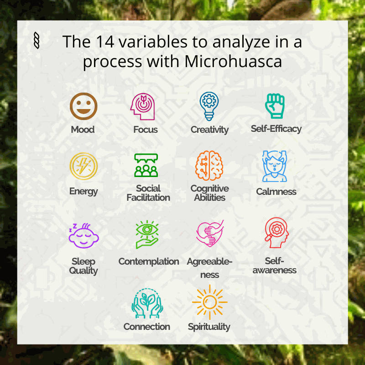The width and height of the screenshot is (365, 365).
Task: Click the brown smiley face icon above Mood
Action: [x=83, y=106]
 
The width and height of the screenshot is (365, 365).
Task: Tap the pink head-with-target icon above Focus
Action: [x=142, y=107]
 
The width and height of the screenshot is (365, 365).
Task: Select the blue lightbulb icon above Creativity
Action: [x=209, y=106]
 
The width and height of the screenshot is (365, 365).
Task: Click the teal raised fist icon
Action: [x=275, y=106]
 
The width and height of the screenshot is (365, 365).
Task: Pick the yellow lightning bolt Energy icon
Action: [x=83, y=166]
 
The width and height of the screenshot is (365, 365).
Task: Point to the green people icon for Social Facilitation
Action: [x=146, y=165]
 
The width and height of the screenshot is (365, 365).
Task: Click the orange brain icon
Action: [x=209, y=166]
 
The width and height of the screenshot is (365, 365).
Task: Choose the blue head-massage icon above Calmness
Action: [x=275, y=166]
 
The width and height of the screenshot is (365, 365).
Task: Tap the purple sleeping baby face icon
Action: [x=83, y=235]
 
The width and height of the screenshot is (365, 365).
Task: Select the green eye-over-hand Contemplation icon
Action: [x=147, y=235]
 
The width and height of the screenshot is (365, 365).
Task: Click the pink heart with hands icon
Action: [x=210, y=234]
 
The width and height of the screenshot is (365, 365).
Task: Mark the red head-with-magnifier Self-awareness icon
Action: [x=276, y=233]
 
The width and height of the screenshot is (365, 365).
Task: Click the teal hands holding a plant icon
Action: [x=147, y=303]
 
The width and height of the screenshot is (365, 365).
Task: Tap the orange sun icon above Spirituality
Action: [x=210, y=302]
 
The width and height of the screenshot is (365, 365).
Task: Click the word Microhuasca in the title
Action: [x=233, y=62]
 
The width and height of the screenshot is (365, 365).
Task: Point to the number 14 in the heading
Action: [x=105, y=42]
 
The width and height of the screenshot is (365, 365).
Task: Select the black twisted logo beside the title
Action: [x=36, y=41]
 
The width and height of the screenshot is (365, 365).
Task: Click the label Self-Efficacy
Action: [x=276, y=129]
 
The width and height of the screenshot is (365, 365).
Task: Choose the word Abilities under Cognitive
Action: [x=209, y=198]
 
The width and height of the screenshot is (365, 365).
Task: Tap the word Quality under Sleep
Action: [x=83, y=271]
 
